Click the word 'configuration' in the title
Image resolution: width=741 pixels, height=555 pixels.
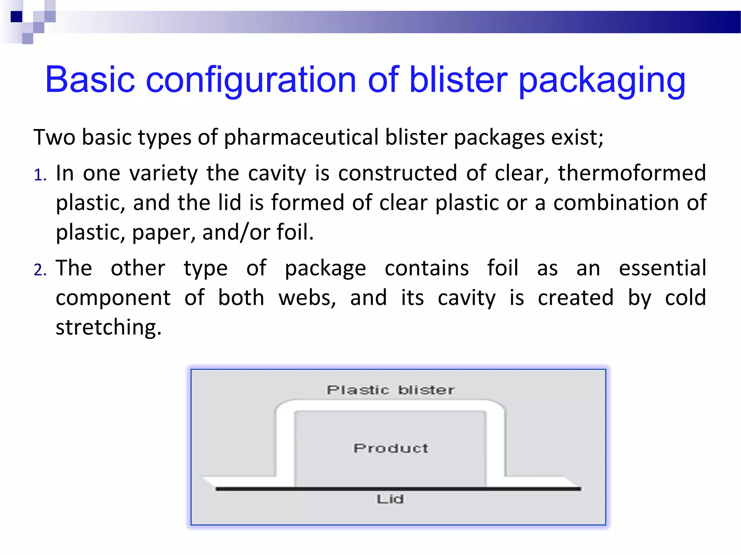coord(251,80)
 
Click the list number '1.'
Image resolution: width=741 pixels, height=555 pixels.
coord(40,175)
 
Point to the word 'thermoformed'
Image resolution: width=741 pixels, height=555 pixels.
coord(632,173)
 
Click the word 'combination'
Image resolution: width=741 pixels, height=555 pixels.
coord(616,202)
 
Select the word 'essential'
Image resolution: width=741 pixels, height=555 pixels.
coord(662,268)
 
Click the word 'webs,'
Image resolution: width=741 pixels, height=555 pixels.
coord(307,298)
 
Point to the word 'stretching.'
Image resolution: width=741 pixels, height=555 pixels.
coord(109,327)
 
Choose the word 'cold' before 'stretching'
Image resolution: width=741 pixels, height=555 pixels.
coord(685,298)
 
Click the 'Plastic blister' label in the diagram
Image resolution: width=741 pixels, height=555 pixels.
coord(390,390)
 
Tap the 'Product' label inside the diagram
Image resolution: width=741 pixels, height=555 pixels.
coord(391,448)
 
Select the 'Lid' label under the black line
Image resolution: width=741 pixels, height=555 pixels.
coord(390,499)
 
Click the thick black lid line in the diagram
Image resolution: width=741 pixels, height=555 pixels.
coord(398,489)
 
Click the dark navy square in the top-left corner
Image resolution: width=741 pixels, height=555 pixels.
coord(16,17)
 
